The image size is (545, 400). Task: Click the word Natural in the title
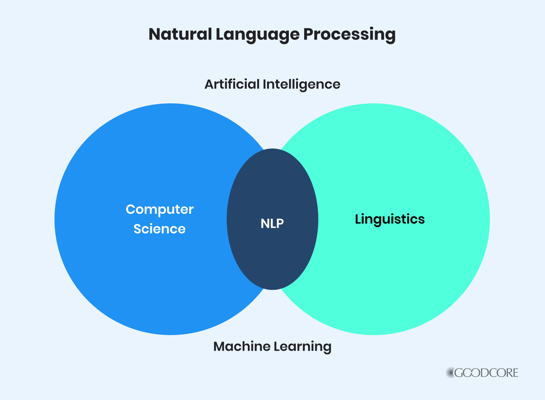point(180,34)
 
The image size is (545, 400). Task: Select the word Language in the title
point(258,36)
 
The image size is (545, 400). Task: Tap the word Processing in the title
point(350,36)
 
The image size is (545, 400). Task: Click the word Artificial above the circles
point(232,84)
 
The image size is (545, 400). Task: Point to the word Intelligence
point(302,85)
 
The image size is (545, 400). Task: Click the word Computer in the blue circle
point(160,210)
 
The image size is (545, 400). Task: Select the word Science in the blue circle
point(160,229)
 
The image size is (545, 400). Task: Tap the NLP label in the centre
point(272,223)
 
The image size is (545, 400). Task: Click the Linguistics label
point(390,219)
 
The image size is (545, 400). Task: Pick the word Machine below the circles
point(242,346)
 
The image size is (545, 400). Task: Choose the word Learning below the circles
point(303,347)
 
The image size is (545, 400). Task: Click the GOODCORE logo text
point(487,373)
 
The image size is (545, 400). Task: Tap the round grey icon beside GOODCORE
point(451,372)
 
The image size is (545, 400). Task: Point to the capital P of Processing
point(308,34)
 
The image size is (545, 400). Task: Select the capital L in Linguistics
point(359,219)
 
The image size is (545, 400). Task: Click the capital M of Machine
point(220,347)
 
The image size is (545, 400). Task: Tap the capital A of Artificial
point(210,84)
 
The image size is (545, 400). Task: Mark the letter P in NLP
point(280,223)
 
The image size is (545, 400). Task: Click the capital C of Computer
point(131,209)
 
